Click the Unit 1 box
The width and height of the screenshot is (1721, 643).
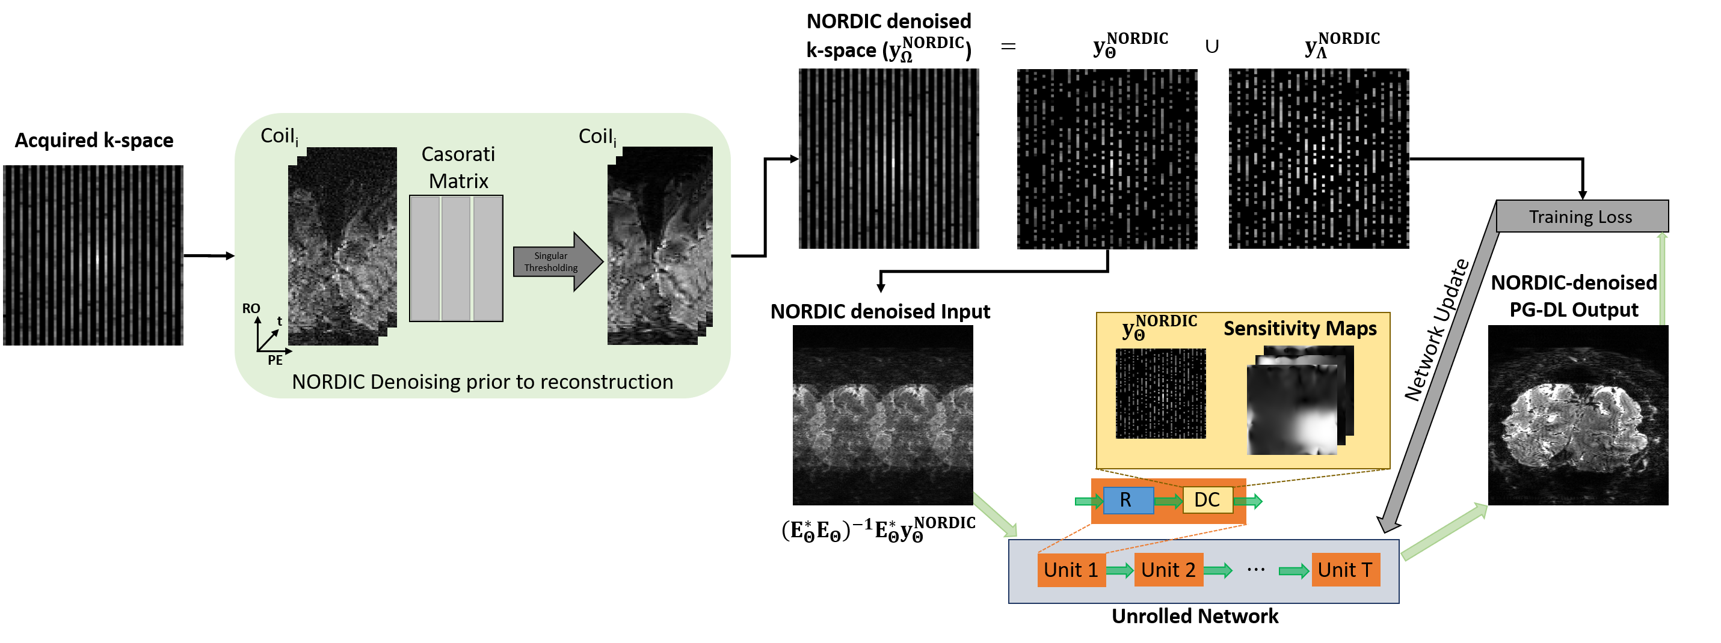(1071, 570)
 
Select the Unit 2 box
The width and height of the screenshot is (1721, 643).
(1169, 570)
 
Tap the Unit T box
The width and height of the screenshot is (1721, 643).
(1345, 570)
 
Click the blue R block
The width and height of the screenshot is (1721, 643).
(1128, 500)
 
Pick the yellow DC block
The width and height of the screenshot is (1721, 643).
(1207, 500)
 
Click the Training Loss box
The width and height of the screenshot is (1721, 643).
(1581, 217)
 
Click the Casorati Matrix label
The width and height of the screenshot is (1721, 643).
(458, 168)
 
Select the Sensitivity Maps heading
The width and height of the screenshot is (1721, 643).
(1299, 329)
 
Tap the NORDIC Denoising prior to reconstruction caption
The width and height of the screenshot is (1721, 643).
(482, 382)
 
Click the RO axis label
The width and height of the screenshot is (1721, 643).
(251, 308)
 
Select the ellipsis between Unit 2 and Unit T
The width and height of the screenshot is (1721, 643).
(1255, 570)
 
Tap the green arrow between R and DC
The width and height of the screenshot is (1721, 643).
(1168, 501)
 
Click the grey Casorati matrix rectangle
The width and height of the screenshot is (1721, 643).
(457, 258)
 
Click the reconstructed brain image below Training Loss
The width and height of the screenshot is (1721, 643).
(1577, 415)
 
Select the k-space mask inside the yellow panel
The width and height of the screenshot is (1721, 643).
(1160, 394)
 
